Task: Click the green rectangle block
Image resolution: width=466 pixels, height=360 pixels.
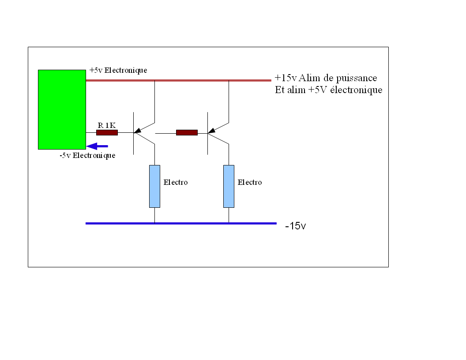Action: coord(62,109)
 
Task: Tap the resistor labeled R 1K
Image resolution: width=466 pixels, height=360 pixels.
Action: coord(107,132)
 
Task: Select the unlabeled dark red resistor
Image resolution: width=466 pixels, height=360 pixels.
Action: coord(187,132)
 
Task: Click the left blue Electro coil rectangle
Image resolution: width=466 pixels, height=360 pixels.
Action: coord(154,186)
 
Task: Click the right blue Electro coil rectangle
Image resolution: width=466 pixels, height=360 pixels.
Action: coord(229,186)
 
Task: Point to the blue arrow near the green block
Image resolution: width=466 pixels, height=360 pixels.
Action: coord(97,146)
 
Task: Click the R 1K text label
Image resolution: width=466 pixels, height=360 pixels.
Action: coord(107,125)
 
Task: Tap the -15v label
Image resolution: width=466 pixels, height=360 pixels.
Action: coord(295,226)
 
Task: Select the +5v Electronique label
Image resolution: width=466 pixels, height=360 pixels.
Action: coord(118,71)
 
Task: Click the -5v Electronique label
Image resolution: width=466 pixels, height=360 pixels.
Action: coord(87,155)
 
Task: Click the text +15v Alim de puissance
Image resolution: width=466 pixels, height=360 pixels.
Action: coord(326,78)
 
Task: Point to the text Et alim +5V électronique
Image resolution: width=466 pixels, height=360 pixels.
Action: coord(328,90)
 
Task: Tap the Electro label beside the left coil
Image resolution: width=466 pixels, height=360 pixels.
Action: coord(176,182)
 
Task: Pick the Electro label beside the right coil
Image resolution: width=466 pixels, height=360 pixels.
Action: coord(250,182)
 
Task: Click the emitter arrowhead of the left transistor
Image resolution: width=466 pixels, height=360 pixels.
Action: coord(138,131)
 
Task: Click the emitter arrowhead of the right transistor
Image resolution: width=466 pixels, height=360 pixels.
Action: coord(212,131)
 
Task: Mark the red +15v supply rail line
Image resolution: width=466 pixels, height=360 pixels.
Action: coord(178,80)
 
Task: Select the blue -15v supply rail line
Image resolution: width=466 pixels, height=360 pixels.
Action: coord(181,223)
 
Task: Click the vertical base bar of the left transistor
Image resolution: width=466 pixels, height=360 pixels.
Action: coord(133,133)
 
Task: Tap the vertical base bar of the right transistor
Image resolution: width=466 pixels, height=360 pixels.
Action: coord(207,133)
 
